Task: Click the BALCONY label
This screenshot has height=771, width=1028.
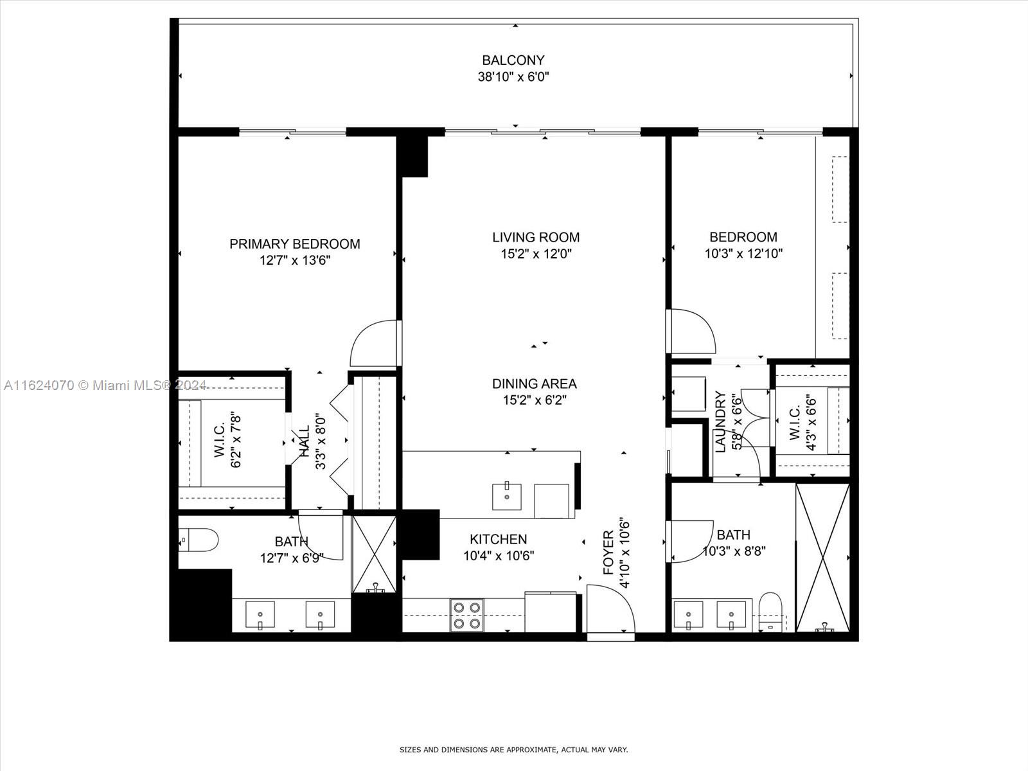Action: (x=513, y=60)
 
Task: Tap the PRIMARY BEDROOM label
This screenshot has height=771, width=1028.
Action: (x=294, y=244)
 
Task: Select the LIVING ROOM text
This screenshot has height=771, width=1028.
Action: (x=536, y=237)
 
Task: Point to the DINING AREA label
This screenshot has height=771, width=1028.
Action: (x=535, y=384)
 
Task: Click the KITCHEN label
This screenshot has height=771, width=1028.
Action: (x=499, y=539)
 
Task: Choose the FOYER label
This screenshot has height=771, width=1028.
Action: (x=608, y=553)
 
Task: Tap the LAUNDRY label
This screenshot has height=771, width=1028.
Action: (x=720, y=421)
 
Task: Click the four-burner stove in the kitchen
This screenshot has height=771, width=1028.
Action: (x=467, y=615)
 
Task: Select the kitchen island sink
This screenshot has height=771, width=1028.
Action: (x=507, y=497)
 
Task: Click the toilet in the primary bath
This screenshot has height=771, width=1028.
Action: (x=199, y=540)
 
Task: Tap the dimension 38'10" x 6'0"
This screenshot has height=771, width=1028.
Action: (x=513, y=76)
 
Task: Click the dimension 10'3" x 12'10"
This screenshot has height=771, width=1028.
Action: (x=744, y=254)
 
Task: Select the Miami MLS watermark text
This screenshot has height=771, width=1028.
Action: (x=105, y=385)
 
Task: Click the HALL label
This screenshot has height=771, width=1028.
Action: (x=305, y=441)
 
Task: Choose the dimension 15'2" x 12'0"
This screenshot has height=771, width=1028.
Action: (x=536, y=254)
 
